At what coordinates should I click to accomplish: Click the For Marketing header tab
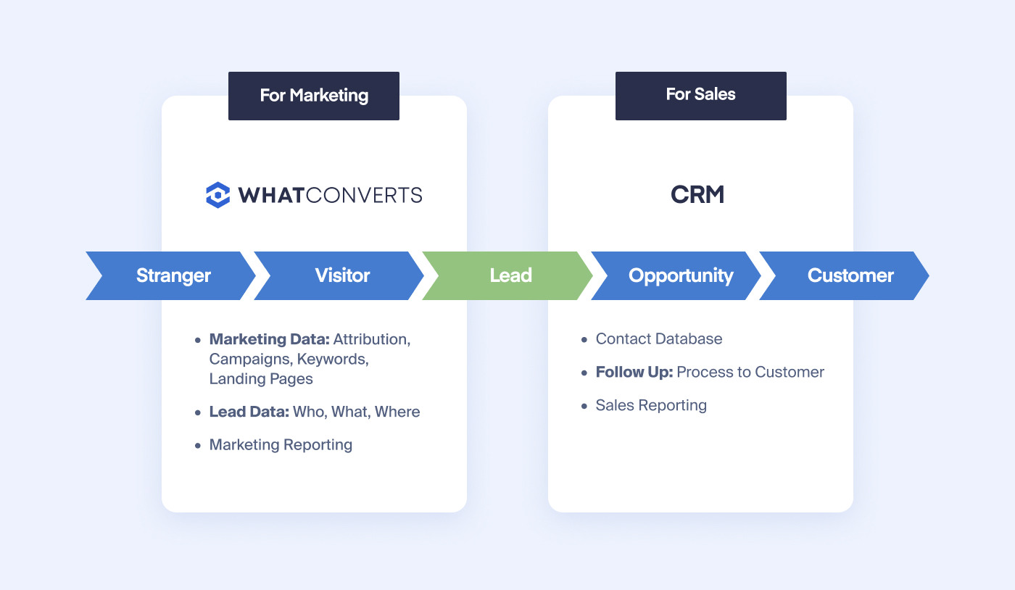click(313, 96)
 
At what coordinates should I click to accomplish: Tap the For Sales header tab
click(700, 96)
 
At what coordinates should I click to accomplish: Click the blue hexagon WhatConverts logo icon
click(218, 195)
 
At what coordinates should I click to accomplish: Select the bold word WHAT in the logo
click(270, 195)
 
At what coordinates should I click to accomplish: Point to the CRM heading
click(697, 194)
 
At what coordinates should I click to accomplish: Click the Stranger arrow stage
click(170, 275)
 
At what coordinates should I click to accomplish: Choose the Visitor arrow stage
click(339, 275)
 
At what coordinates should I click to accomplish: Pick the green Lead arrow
click(507, 275)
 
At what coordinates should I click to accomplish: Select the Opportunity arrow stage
click(676, 275)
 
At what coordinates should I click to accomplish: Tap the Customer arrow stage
click(845, 275)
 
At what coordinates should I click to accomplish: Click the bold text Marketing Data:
click(269, 339)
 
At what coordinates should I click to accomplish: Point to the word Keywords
click(333, 359)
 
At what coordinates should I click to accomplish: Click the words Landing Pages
click(261, 379)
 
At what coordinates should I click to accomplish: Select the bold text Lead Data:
click(249, 412)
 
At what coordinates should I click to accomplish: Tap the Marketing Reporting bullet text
click(281, 444)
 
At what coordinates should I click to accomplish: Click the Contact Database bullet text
click(659, 338)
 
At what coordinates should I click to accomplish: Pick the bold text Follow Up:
click(634, 372)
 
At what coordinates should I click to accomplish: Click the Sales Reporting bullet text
click(651, 405)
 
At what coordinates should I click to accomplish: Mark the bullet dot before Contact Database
click(584, 339)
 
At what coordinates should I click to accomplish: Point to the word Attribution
click(372, 339)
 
